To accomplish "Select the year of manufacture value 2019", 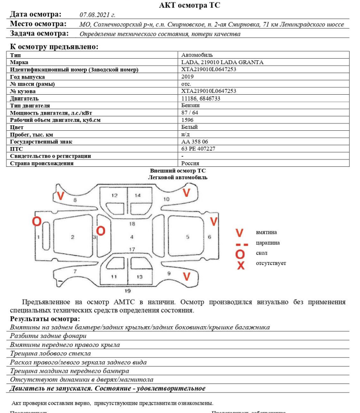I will click(x=188, y=77).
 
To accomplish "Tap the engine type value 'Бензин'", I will click(x=190, y=106).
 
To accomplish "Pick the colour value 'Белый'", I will click(x=189, y=127).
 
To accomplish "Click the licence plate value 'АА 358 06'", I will click(x=194, y=142).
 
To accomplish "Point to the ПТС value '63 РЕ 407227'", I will click(x=198, y=149).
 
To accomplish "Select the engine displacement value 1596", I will click(x=188, y=120).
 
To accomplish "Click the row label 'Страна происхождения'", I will click(x=39, y=163).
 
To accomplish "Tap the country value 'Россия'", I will click(x=190, y=163).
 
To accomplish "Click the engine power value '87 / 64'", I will click(x=190, y=113).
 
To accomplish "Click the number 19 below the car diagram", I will click(x=127, y=291).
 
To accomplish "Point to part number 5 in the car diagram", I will click(x=188, y=237).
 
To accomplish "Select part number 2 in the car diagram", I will click(x=73, y=237).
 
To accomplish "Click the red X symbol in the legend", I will click(x=240, y=265).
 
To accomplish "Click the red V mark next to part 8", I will click(x=60, y=196).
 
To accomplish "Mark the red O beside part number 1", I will click(x=37, y=221).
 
